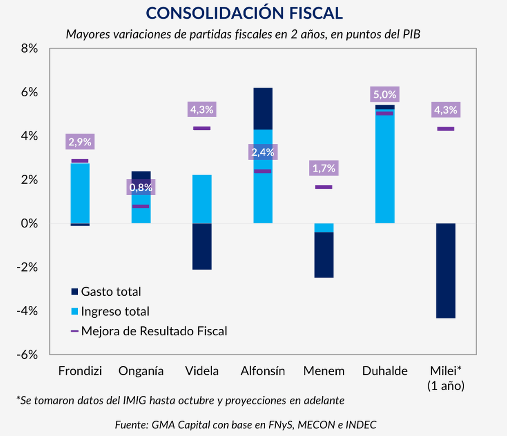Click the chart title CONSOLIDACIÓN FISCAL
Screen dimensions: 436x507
(244, 13)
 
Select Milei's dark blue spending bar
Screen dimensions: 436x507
(446, 271)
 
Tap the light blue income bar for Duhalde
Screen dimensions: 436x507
(385, 167)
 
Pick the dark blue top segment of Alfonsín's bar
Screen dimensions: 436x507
(263, 109)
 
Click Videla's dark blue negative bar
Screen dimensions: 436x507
(202, 246)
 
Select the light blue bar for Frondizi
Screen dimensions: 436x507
(80, 193)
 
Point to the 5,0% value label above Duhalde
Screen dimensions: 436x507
(385, 95)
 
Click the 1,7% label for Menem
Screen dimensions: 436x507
(324, 168)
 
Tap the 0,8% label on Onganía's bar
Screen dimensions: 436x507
(141, 187)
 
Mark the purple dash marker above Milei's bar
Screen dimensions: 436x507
(446, 129)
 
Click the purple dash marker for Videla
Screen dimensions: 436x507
(202, 128)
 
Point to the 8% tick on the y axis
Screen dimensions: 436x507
(29, 49)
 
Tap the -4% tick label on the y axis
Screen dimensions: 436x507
(27, 311)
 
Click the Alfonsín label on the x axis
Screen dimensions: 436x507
(263, 371)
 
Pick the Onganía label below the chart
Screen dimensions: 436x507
(141, 371)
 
